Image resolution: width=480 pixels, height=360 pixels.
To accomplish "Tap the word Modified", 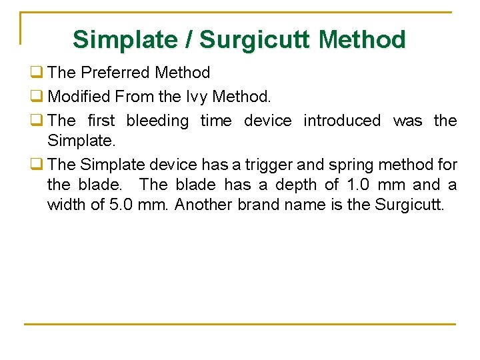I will pyautogui.click(x=79, y=97).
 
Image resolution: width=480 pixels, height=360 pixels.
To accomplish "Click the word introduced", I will pyautogui.click(x=342, y=121).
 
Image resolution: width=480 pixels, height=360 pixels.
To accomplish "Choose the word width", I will pyautogui.click(x=65, y=204).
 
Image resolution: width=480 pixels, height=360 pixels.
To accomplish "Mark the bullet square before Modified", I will pyautogui.click(x=35, y=97).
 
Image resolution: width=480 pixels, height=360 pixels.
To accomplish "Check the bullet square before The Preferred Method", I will pyautogui.click(x=35, y=73).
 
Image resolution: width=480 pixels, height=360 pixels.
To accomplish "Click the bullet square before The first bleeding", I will pyautogui.click(x=35, y=121).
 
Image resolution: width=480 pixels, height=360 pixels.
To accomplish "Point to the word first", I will pyautogui.click(x=101, y=121).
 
